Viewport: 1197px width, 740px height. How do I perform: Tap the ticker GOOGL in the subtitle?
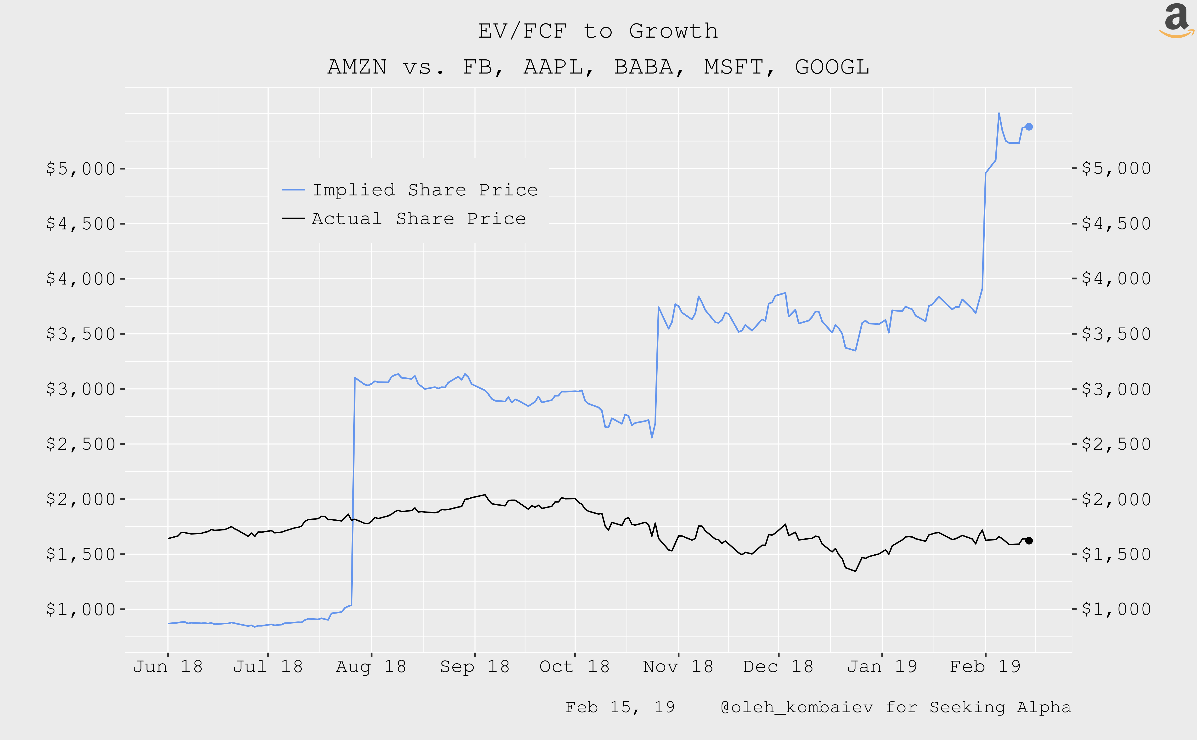point(832,67)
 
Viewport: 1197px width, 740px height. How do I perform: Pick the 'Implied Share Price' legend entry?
point(425,190)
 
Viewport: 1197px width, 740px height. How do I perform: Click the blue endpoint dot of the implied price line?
point(1029,127)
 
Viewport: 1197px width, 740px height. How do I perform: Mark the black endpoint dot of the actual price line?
point(1029,541)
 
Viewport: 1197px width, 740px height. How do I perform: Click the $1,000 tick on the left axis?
point(81,609)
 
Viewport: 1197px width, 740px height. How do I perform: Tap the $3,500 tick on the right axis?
point(1116,334)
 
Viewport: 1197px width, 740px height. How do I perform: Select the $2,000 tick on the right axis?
point(1116,499)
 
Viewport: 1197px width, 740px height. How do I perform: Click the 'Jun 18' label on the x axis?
point(168,666)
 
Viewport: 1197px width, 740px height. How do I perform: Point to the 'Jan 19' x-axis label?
point(882,666)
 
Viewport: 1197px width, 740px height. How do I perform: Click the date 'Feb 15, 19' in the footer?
point(620,707)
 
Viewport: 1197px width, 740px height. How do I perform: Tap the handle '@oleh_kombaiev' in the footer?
point(796,707)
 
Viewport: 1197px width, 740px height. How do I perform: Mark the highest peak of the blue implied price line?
point(998,114)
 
